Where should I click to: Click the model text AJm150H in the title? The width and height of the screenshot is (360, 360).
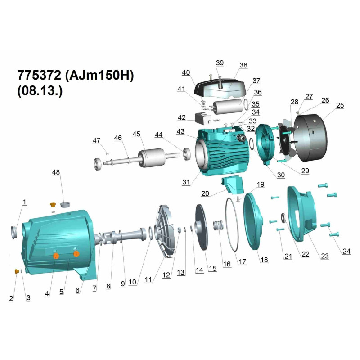point(99,75)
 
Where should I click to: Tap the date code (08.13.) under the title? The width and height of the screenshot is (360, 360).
point(40,91)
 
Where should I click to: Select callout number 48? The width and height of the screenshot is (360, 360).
point(56,172)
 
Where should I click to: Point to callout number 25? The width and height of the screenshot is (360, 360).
point(340,105)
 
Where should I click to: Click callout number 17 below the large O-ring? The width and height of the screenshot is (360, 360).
point(243,261)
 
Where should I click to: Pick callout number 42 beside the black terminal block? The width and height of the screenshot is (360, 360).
point(182,117)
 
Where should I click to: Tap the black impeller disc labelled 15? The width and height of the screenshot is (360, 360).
point(202,228)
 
